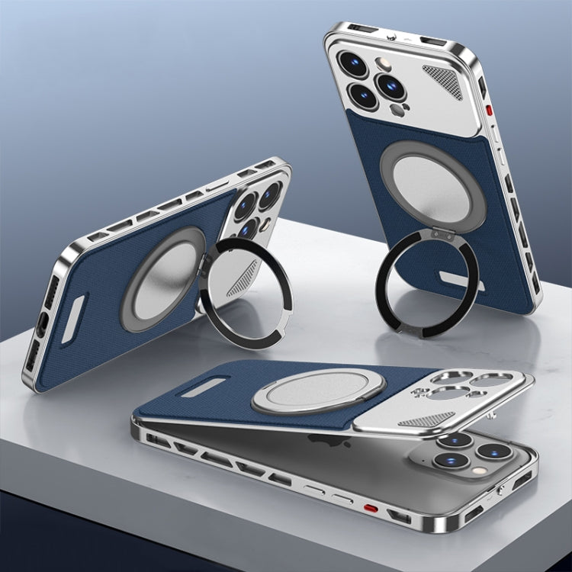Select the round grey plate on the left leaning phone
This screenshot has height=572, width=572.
click(x=165, y=287)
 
